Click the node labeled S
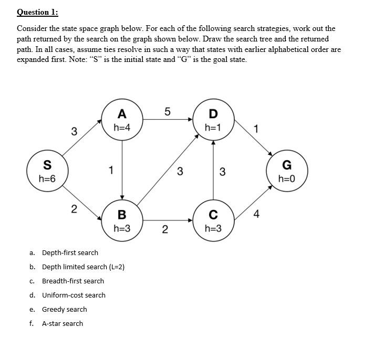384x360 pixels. [47, 171]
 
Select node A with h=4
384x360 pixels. [122, 120]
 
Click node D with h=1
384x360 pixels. [213, 120]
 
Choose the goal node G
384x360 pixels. [287, 171]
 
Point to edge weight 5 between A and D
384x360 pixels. [167, 111]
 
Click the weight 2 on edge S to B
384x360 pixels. [74, 209]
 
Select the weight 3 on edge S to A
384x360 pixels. [74, 131]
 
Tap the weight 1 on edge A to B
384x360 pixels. [110, 170]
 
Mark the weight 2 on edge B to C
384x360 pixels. [165, 229]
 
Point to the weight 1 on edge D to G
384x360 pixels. [256, 129]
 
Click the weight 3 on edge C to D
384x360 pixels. [222, 171]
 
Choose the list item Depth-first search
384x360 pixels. [70, 252]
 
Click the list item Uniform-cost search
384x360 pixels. [74, 295]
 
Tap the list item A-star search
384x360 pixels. [63, 323]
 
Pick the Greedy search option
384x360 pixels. [65, 309]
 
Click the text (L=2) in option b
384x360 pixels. [115, 267]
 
